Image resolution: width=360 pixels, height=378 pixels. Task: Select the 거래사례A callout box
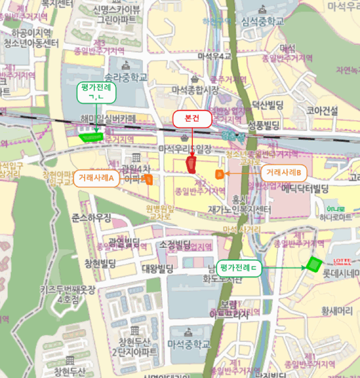tap(97, 178)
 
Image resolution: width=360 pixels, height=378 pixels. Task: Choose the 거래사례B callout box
tap(283, 173)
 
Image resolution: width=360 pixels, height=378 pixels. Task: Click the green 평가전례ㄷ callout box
tap(239, 267)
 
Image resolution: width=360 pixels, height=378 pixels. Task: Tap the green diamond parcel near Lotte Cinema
tap(313, 264)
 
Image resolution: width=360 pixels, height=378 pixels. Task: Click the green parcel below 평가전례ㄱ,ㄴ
tap(91, 136)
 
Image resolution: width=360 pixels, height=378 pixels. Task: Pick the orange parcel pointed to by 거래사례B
tap(219, 173)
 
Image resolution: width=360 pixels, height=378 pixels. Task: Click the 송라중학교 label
tap(126, 77)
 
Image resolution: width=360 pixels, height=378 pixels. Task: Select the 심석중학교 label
tap(263, 22)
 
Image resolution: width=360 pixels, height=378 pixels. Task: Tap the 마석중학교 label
tap(188, 343)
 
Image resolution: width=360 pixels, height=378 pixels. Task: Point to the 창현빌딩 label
tap(100, 263)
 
